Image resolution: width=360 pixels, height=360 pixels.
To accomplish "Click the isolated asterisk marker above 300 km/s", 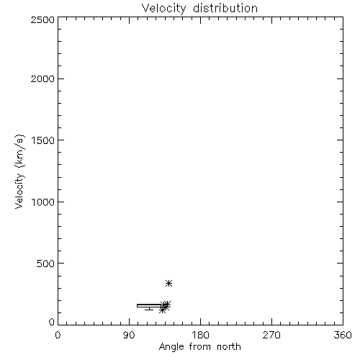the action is pyautogui.click(x=169, y=284).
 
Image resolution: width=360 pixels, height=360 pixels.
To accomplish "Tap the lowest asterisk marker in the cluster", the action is pyautogui.click(x=163, y=310).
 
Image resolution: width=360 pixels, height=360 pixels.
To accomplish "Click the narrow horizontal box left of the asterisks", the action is pyautogui.click(x=150, y=305).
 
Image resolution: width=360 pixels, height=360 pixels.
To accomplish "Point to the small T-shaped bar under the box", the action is pyautogui.click(x=149, y=309).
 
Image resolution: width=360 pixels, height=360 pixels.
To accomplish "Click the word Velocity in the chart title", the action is pyautogui.click(x=163, y=9).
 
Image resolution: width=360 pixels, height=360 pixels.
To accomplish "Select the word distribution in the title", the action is pyautogui.click(x=225, y=8).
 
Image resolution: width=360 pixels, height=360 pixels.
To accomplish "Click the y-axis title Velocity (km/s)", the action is pyautogui.click(x=19, y=171).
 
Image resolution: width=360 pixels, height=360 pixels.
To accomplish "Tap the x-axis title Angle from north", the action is pyautogui.click(x=199, y=347).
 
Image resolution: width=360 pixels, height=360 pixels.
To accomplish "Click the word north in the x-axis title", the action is pyautogui.click(x=229, y=347).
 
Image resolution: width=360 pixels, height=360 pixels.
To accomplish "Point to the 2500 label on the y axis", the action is pyautogui.click(x=42, y=19).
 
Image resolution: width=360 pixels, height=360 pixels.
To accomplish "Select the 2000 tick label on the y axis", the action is pyautogui.click(x=42, y=78).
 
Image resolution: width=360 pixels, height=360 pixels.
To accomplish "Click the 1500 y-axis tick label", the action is pyautogui.click(x=43, y=140).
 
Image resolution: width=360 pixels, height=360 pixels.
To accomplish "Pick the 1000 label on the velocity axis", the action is pyautogui.click(x=43, y=202).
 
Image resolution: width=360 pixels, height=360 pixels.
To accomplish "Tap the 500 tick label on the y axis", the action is pyautogui.click(x=46, y=264).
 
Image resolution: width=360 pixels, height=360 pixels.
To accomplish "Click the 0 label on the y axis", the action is pyautogui.click(x=52, y=322).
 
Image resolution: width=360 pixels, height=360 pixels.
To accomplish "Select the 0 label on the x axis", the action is pyautogui.click(x=58, y=335).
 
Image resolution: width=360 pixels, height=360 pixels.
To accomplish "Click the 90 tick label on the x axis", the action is pyautogui.click(x=129, y=335).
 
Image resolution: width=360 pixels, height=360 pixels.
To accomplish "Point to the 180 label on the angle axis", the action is pyautogui.click(x=200, y=335).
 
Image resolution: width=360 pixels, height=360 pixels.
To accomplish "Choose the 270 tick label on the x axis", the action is pyautogui.click(x=271, y=335).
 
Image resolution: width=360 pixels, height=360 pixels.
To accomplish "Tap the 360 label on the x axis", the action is pyautogui.click(x=343, y=335).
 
